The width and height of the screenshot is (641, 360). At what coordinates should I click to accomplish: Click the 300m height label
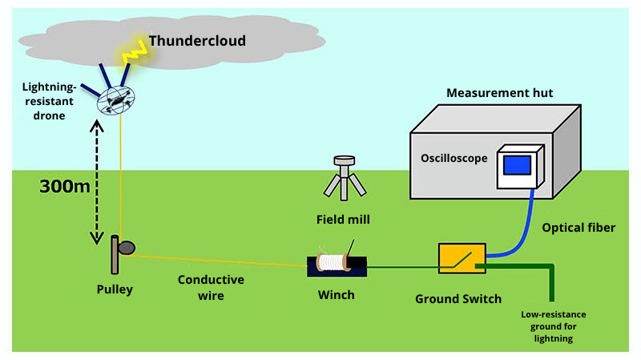[66, 186]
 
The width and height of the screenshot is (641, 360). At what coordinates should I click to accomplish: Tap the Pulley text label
[111, 289]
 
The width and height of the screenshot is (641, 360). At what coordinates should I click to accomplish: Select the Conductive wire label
[211, 287]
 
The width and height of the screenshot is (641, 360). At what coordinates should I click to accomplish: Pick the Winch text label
[337, 294]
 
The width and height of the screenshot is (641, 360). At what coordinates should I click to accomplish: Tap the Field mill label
[343, 218]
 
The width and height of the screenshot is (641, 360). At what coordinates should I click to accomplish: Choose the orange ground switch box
[461, 257]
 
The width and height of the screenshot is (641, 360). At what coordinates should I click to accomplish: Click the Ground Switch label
[458, 299]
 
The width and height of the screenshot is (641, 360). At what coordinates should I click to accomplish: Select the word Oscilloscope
[454, 158]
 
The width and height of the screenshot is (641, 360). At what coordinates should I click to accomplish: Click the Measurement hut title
[499, 94]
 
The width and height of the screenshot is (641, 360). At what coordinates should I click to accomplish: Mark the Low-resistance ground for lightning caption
[553, 327]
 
